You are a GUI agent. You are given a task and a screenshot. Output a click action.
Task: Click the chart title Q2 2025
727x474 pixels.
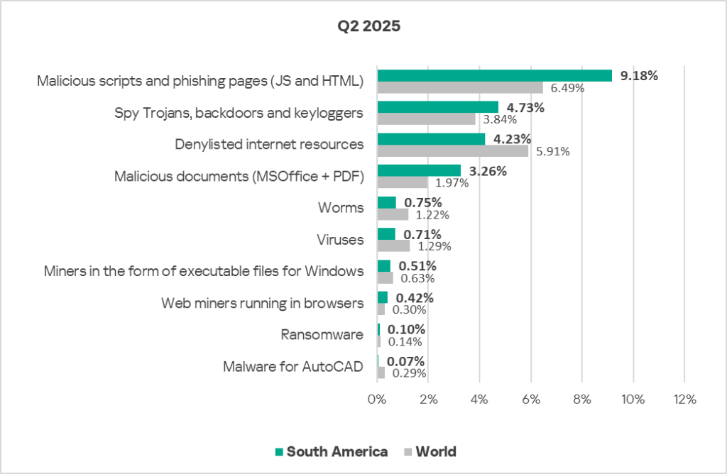[x=369, y=28]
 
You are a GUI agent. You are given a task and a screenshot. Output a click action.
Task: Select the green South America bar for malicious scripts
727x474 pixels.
[x=494, y=75]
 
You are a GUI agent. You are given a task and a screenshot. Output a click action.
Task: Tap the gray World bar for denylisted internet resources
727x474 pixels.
[x=452, y=151]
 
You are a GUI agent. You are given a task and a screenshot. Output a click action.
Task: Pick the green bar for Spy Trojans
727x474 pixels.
[x=437, y=107]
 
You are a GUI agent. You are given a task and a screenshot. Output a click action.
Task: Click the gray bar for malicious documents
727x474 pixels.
[x=402, y=182]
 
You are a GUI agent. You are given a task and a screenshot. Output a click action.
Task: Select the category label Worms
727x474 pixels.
[x=341, y=208]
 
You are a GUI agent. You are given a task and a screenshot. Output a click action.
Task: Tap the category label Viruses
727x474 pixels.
[x=340, y=240]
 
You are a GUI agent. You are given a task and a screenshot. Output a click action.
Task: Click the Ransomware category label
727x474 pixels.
[x=322, y=335]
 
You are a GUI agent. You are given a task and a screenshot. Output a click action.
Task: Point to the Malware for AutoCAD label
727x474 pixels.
[x=293, y=367]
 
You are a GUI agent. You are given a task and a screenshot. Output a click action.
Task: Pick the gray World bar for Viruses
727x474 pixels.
[x=393, y=246]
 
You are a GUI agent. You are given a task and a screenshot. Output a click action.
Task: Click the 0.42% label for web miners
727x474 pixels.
[x=410, y=297]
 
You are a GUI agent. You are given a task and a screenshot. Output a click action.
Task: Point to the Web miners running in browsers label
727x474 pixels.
[x=263, y=303]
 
